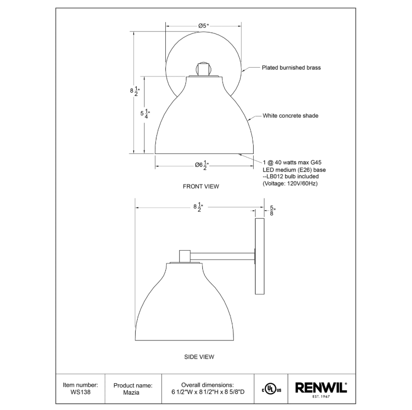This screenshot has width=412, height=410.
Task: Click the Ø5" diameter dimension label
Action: [203, 26]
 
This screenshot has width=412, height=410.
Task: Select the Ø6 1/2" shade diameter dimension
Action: [202, 165]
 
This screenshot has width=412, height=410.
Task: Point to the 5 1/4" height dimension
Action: [145, 113]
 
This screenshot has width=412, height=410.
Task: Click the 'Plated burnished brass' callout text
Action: [291, 68]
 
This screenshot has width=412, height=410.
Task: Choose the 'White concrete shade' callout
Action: [290, 115]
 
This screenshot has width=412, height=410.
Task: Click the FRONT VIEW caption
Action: [201, 186]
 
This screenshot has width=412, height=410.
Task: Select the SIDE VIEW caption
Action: [199, 357]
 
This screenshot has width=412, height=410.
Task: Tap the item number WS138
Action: [80, 392]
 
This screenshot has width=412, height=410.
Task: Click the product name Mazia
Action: [131, 392]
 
